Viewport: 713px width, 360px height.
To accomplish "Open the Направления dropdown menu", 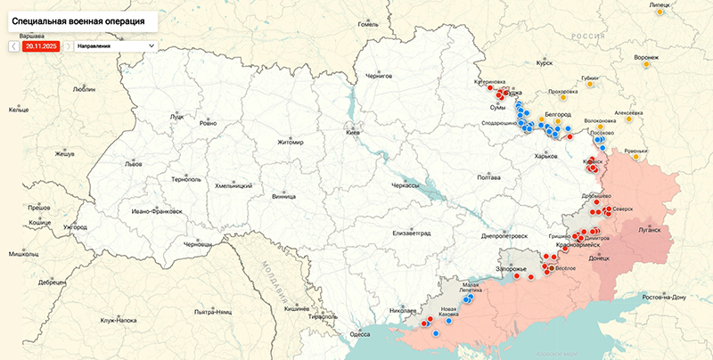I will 115,45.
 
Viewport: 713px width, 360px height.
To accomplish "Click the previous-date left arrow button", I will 14,45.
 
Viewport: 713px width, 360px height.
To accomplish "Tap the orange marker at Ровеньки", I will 635,158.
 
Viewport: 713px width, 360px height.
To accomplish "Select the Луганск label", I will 648,229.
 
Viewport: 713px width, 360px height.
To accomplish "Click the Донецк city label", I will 599,258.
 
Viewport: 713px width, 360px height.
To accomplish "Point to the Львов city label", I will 134,165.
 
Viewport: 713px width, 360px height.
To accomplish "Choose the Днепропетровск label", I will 504,236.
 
